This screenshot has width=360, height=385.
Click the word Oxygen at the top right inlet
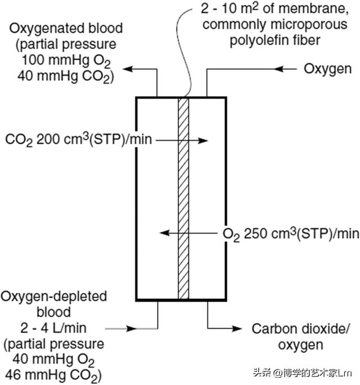328,69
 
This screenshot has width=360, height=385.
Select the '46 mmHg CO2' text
54,373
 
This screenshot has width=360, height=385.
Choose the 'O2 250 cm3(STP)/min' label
290,233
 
